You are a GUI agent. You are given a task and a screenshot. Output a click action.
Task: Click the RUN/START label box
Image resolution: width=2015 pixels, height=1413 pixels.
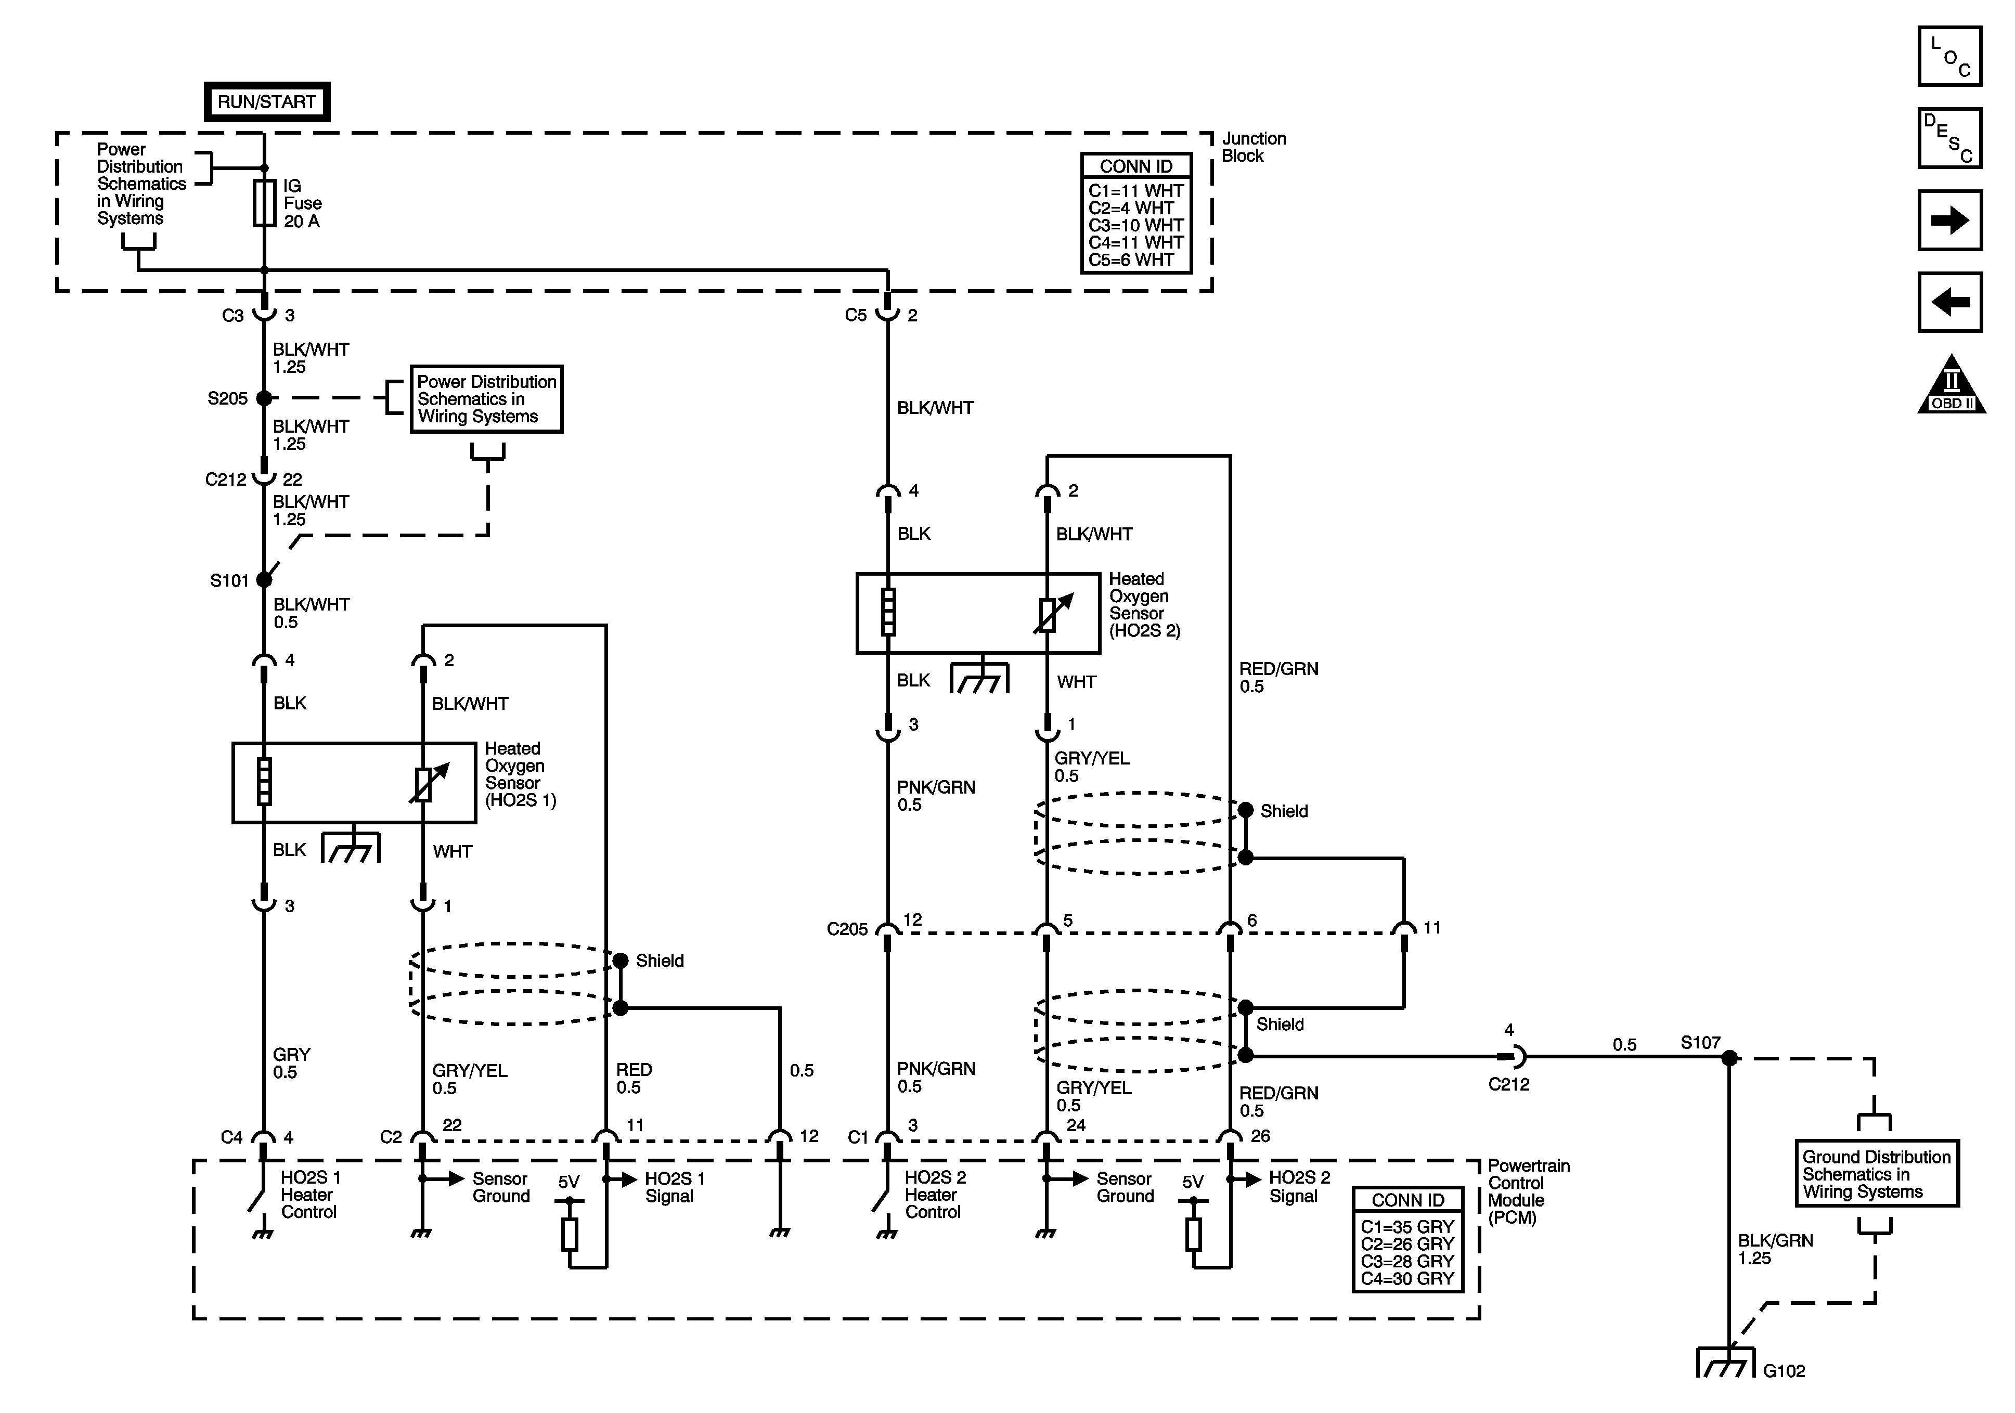267,102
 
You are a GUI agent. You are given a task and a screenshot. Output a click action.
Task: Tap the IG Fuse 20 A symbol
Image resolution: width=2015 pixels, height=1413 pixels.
264,204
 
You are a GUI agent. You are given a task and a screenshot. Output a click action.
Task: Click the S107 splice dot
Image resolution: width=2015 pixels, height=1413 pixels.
1729,1058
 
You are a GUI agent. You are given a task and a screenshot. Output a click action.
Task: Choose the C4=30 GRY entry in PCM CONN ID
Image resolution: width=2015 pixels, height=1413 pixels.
1407,1279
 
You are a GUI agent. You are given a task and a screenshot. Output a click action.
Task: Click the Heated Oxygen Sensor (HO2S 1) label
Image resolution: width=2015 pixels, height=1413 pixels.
520,774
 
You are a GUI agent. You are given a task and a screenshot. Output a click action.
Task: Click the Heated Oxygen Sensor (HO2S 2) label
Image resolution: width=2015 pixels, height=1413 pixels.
1144,605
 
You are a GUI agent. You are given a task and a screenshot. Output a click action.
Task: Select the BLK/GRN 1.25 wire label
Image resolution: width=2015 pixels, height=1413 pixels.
1775,1249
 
